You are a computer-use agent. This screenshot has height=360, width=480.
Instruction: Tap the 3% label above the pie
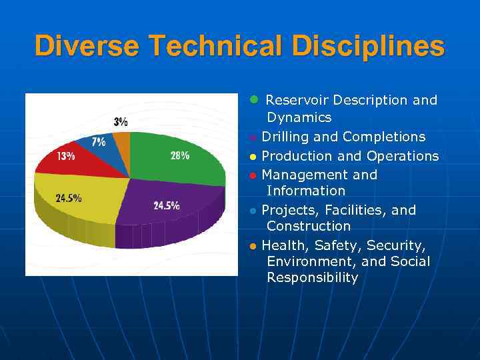click(x=121, y=122)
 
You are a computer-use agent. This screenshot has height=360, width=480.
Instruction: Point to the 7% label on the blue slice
click(x=99, y=142)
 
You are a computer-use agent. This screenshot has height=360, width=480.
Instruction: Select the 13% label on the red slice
click(x=65, y=157)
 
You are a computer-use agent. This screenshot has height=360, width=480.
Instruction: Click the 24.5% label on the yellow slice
click(x=68, y=198)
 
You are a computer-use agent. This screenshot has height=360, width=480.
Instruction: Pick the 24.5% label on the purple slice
click(x=166, y=205)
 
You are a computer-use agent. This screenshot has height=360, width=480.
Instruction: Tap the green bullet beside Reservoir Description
click(x=253, y=99)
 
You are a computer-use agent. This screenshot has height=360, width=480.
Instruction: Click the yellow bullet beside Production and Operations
click(x=253, y=157)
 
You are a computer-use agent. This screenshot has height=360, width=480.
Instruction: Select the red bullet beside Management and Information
click(x=253, y=176)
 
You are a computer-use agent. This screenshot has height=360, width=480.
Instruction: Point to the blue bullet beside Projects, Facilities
click(x=253, y=211)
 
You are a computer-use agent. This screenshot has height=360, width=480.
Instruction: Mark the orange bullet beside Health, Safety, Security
click(x=253, y=246)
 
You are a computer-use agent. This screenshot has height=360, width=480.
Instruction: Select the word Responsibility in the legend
click(x=312, y=278)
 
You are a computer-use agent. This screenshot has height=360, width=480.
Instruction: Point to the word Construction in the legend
click(x=308, y=226)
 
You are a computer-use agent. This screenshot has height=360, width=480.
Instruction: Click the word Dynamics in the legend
click(x=299, y=117)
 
